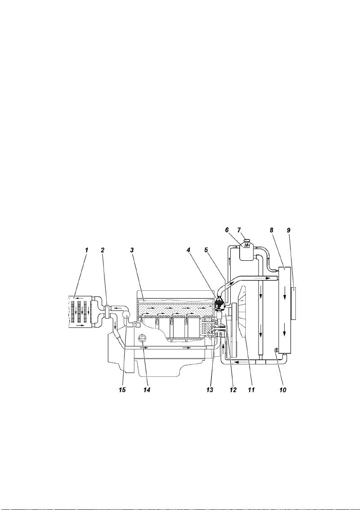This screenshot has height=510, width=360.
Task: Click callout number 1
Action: [x=87, y=250]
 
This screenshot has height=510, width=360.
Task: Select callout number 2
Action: [x=103, y=250]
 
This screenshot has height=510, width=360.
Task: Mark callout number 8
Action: [x=271, y=230]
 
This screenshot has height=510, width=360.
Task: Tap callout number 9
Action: [x=289, y=230]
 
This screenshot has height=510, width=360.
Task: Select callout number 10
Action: [x=283, y=390]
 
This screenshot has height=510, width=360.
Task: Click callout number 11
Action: [x=251, y=390]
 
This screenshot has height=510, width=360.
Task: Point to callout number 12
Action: [x=233, y=390]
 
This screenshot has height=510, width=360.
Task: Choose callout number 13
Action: [x=210, y=390]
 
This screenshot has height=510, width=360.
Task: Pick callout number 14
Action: [x=147, y=390]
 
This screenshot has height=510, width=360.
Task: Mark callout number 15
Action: [x=122, y=390]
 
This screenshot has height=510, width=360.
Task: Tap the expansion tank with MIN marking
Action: [x=247, y=251]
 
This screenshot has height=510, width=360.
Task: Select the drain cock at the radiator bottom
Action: [x=276, y=350]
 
